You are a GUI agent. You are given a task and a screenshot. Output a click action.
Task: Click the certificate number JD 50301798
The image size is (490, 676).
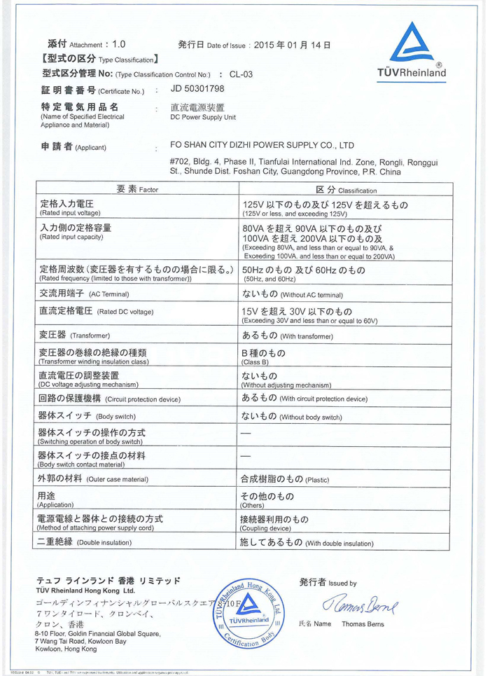(198, 90)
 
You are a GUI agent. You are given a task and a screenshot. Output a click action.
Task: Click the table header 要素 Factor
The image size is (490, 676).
(138, 189)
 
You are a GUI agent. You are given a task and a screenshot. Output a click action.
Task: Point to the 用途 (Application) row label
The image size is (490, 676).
(55, 499)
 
